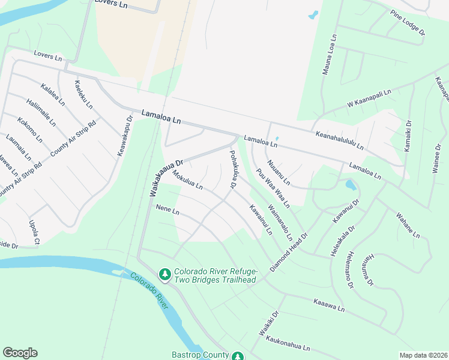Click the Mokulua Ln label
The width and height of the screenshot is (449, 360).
(x=187, y=179)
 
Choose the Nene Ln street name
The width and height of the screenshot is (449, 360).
(x=167, y=210)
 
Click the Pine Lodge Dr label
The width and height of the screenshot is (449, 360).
(x=407, y=22)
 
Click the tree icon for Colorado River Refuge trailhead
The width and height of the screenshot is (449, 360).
(x=164, y=274)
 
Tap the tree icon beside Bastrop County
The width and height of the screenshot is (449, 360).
(x=238, y=356)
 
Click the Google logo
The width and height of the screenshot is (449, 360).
(x=20, y=353)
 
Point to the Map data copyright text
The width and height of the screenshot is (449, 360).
(x=423, y=355)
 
